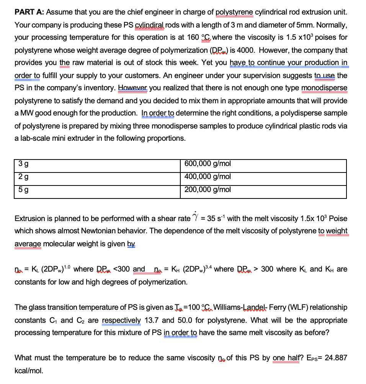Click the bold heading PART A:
pyautogui.click(x=29, y=12)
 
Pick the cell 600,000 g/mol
pyautogui.click(x=208, y=164)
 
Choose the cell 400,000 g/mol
pyautogui.click(x=208, y=177)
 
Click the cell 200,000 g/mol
pyautogui.click(x=208, y=189)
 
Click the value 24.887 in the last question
pyautogui.click(x=335, y=358)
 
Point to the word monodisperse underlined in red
pyautogui.click(x=324, y=88)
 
